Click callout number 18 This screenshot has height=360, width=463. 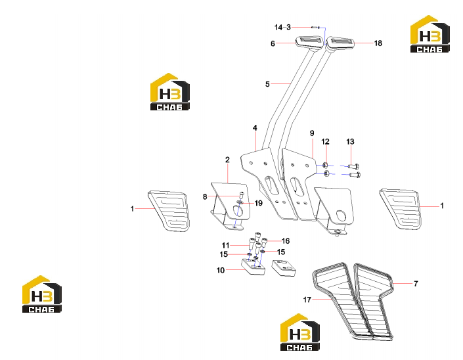[x=378, y=43]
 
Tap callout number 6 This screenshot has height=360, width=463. [x=273, y=44]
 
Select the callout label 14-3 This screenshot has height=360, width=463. [x=282, y=28]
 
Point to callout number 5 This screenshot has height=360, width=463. [x=267, y=84]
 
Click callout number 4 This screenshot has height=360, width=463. [x=255, y=128]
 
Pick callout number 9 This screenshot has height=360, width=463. [x=312, y=133]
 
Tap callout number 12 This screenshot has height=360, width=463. [x=325, y=142]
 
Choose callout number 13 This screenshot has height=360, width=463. [x=350, y=142]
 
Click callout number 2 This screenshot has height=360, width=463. [x=227, y=160]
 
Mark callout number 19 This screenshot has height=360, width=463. [x=258, y=203]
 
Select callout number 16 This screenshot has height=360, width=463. [x=286, y=241]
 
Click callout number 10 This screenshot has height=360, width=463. [x=221, y=270]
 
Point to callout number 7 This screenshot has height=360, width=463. [x=416, y=284]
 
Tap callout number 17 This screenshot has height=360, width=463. [x=307, y=300]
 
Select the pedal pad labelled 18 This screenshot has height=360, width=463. [x=340, y=43]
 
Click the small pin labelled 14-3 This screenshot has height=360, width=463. [x=315, y=28]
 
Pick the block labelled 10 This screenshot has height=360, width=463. [x=253, y=267]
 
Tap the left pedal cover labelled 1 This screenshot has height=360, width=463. [x=169, y=211]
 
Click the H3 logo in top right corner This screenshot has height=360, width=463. [x=430, y=34]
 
